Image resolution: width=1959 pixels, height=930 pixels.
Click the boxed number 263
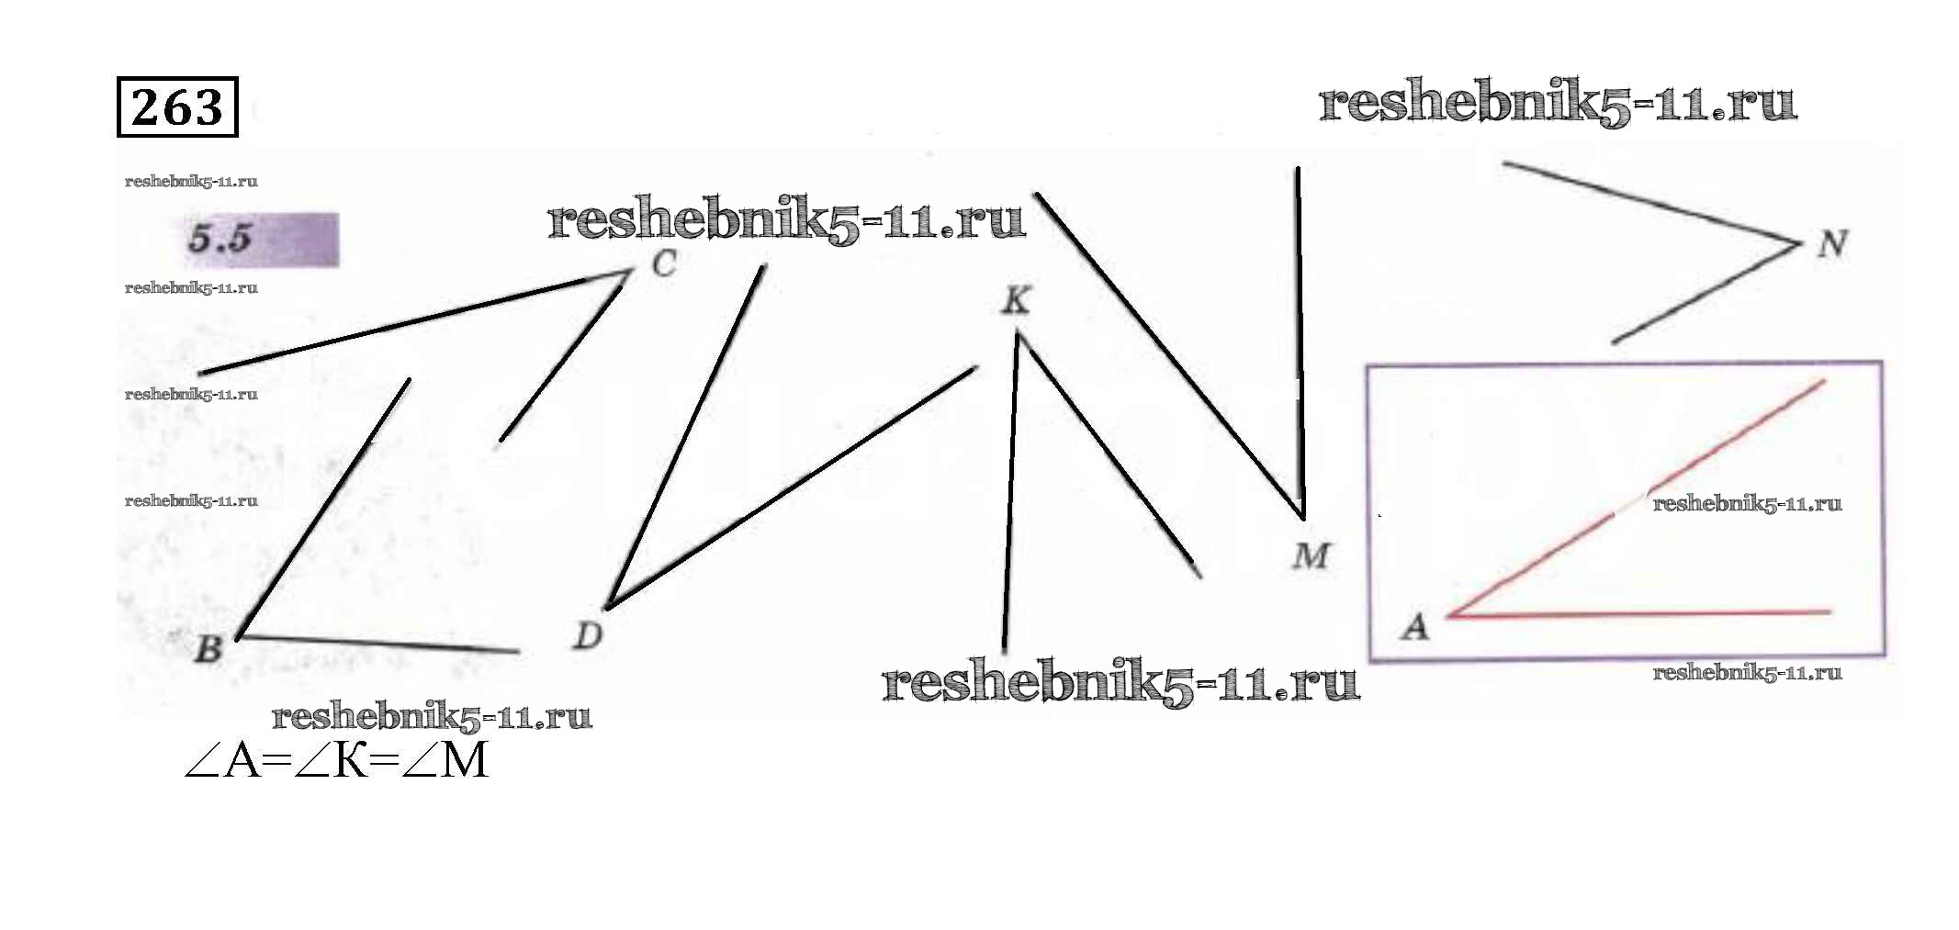[177, 107]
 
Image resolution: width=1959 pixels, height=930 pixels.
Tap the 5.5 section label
[220, 239]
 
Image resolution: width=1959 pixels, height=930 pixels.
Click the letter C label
[664, 264]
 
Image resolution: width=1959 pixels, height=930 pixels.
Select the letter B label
[208, 648]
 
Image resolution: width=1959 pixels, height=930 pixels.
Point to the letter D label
[587, 634]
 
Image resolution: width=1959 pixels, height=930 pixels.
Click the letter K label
[1016, 300]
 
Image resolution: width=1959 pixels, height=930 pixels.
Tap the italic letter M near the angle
[1311, 555]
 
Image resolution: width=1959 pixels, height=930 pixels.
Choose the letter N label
[1832, 244]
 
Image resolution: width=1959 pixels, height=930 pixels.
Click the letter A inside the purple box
[1415, 627]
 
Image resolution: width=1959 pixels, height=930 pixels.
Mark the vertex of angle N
[1798, 244]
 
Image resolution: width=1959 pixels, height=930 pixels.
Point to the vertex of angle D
[608, 606]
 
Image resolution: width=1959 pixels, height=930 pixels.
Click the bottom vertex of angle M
[1301, 517]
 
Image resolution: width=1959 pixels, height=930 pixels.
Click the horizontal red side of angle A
[1644, 613]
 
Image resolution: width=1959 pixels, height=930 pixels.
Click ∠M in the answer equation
[445, 761]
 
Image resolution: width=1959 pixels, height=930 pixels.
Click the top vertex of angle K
[1018, 334]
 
